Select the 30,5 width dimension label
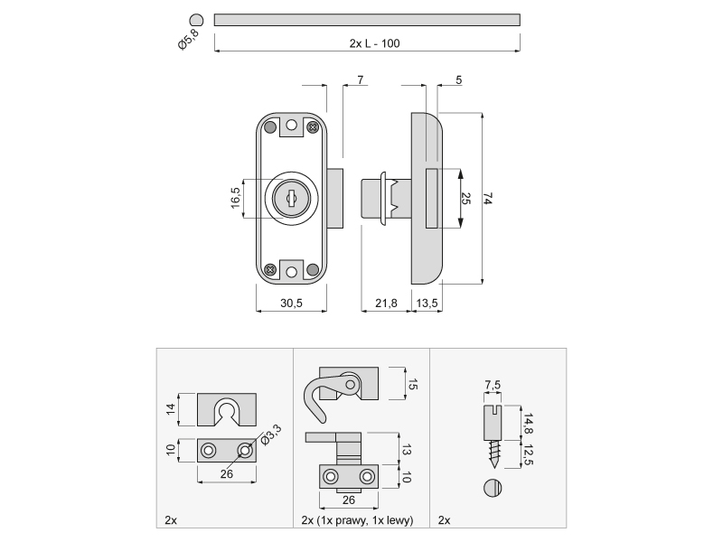pyautogui.click(x=291, y=304)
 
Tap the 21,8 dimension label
pyautogui.click(x=386, y=304)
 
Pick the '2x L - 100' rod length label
pyautogui.click(x=368, y=43)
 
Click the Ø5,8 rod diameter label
pyautogui.click(x=189, y=41)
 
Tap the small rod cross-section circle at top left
pyautogui.click(x=195, y=19)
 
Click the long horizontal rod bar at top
pyautogui.click(x=367, y=19)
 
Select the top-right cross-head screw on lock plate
pyautogui.click(x=313, y=128)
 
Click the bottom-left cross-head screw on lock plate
pyautogui.click(x=269, y=269)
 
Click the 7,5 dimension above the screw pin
pyautogui.click(x=492, y=386)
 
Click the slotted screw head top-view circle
pyautogui.click(x=493, y=488)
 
